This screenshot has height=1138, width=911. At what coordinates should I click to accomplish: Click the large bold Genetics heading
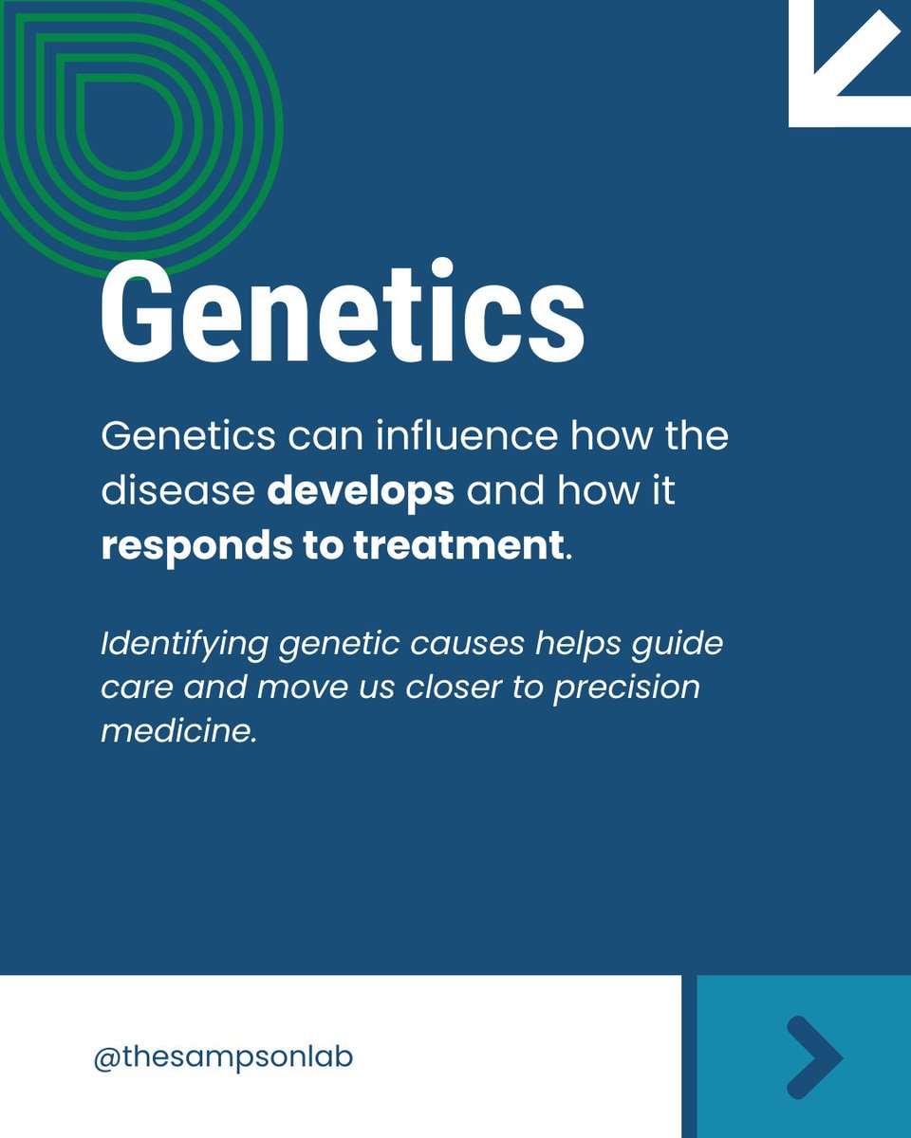point(342,313)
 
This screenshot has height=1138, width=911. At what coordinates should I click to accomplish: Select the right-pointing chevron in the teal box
point(814,1057)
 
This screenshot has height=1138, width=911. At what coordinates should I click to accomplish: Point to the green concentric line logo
point(133,114)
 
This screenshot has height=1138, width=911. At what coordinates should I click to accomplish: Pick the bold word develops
point(361,493)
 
